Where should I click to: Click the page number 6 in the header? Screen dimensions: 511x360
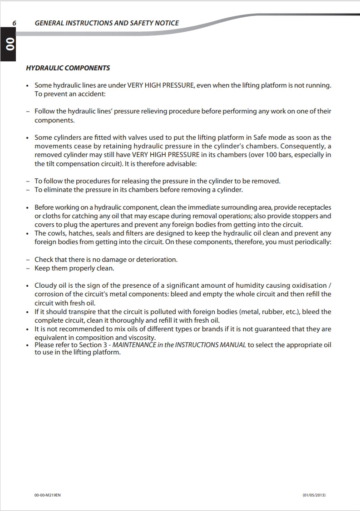tap(15, 23)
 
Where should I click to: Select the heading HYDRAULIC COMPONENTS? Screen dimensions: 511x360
tap(68, 68)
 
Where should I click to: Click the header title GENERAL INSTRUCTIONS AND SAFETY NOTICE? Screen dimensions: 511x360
tap(107, 23)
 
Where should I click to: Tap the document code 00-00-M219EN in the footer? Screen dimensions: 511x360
tap(47, 495)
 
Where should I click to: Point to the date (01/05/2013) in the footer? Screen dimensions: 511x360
tap(314, 495)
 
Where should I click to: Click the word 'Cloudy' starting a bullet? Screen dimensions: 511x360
tap(45, 285)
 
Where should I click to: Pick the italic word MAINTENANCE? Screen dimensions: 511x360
tap(133, 345)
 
